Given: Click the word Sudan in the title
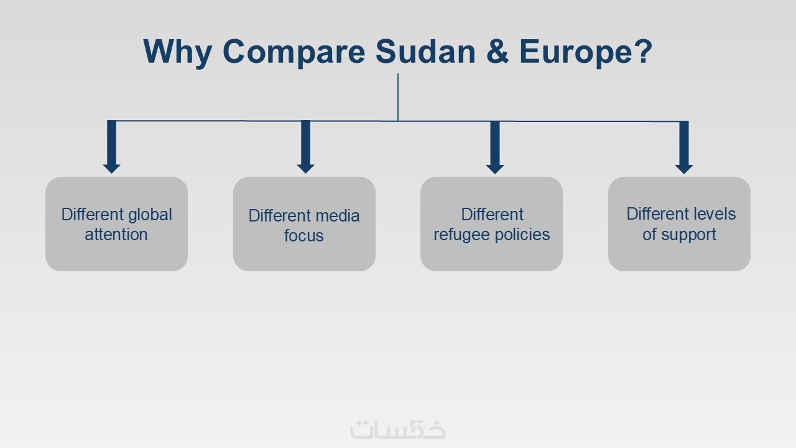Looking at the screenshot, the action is click(425, 51).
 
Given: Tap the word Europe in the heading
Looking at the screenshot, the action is click(576, 53).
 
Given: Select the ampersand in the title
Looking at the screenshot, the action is click(497, 51).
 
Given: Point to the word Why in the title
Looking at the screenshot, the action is click(177, 53).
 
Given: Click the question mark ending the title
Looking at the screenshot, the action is click(644, 51).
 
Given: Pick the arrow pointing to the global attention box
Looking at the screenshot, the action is click(111, 147).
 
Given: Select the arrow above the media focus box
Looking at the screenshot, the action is click(305, 147).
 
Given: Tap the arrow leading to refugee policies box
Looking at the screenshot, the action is click(495, 147).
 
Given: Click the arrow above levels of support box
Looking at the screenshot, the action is click(684, 147).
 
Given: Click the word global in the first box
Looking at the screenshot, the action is click(150, 215).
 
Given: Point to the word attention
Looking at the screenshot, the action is click(116, 235).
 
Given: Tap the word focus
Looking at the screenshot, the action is click(304, 236).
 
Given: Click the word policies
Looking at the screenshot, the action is click(522, 235).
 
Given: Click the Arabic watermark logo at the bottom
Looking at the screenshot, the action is click(397, 429).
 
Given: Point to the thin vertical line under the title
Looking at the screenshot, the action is click(398, 97).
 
